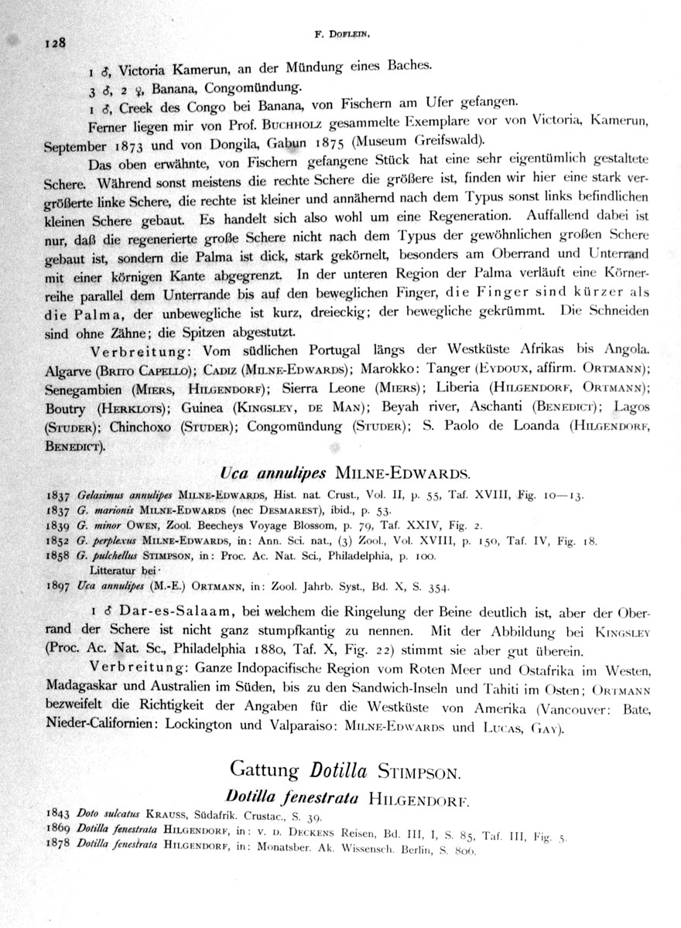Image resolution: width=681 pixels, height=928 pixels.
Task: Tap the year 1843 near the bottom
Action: point(58,815)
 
